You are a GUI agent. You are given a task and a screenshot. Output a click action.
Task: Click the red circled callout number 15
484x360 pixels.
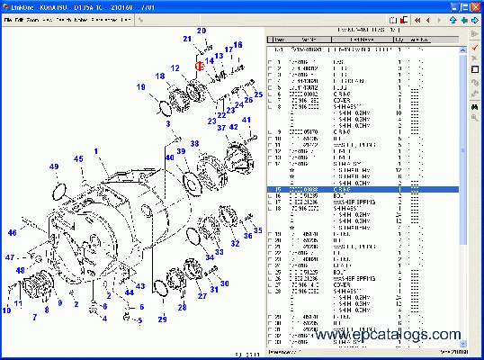click(x=200, y=67)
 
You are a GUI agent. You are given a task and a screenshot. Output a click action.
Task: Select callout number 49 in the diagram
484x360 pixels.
click(x=54, y=167)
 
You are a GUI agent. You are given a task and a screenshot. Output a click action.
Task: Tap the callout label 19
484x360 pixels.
click(x=141, y=87)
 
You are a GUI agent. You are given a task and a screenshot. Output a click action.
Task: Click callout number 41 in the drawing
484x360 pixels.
click(x=246, y=121)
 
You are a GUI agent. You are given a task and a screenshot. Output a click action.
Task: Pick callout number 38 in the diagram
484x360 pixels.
click(x=193, y=143)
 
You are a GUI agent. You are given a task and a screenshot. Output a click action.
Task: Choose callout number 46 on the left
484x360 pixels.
click(x=13, y=232)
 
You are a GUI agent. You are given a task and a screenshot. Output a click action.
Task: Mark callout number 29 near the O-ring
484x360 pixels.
click(x=163, y=319)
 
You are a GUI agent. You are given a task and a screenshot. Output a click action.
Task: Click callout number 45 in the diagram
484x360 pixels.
click(x=78, y=159)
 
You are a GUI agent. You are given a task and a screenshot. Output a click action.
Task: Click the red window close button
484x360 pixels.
click(x=476, y=5)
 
